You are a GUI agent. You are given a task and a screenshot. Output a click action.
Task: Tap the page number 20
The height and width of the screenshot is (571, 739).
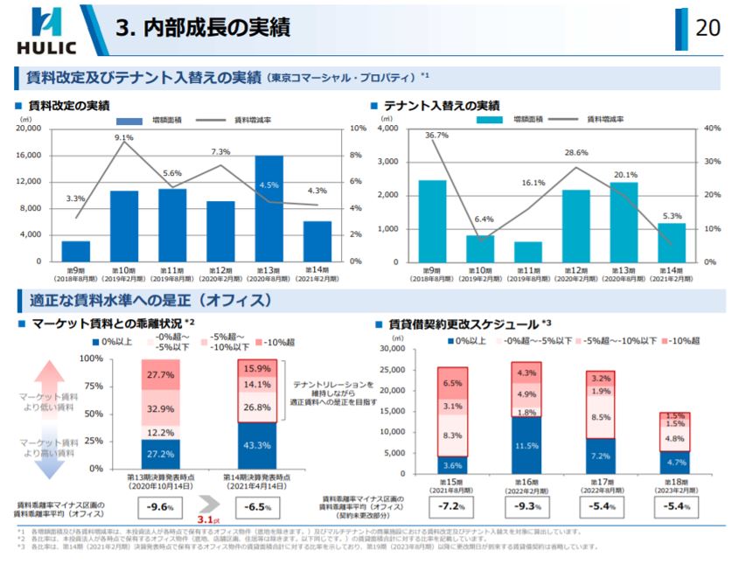[x=707, y=28]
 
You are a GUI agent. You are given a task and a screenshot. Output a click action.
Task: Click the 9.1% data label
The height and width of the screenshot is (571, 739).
[x=123, y=137]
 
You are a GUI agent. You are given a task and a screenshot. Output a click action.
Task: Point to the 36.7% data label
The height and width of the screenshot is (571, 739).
[x=436, y=136]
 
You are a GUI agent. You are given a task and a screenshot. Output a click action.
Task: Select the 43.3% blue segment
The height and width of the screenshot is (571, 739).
[x=257, y=445]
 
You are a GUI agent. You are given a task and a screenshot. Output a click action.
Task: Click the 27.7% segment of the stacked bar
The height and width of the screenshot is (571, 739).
[x=161, y=374]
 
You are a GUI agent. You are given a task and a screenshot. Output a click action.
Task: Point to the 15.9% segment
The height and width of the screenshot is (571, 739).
[x=257, y=368]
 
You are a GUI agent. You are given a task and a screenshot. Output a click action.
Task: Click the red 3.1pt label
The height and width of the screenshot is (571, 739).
[x=206, y=519]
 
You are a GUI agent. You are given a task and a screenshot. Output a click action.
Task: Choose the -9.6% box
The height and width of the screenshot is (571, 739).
[x=159, y=505]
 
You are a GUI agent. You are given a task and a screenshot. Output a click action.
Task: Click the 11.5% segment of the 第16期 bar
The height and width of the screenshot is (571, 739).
[x=526, y=445]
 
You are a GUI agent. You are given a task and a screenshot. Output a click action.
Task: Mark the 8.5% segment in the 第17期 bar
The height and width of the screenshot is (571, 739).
[x=601, y=418]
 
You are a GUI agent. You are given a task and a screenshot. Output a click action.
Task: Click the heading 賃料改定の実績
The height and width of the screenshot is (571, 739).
[x=68, y=106]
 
